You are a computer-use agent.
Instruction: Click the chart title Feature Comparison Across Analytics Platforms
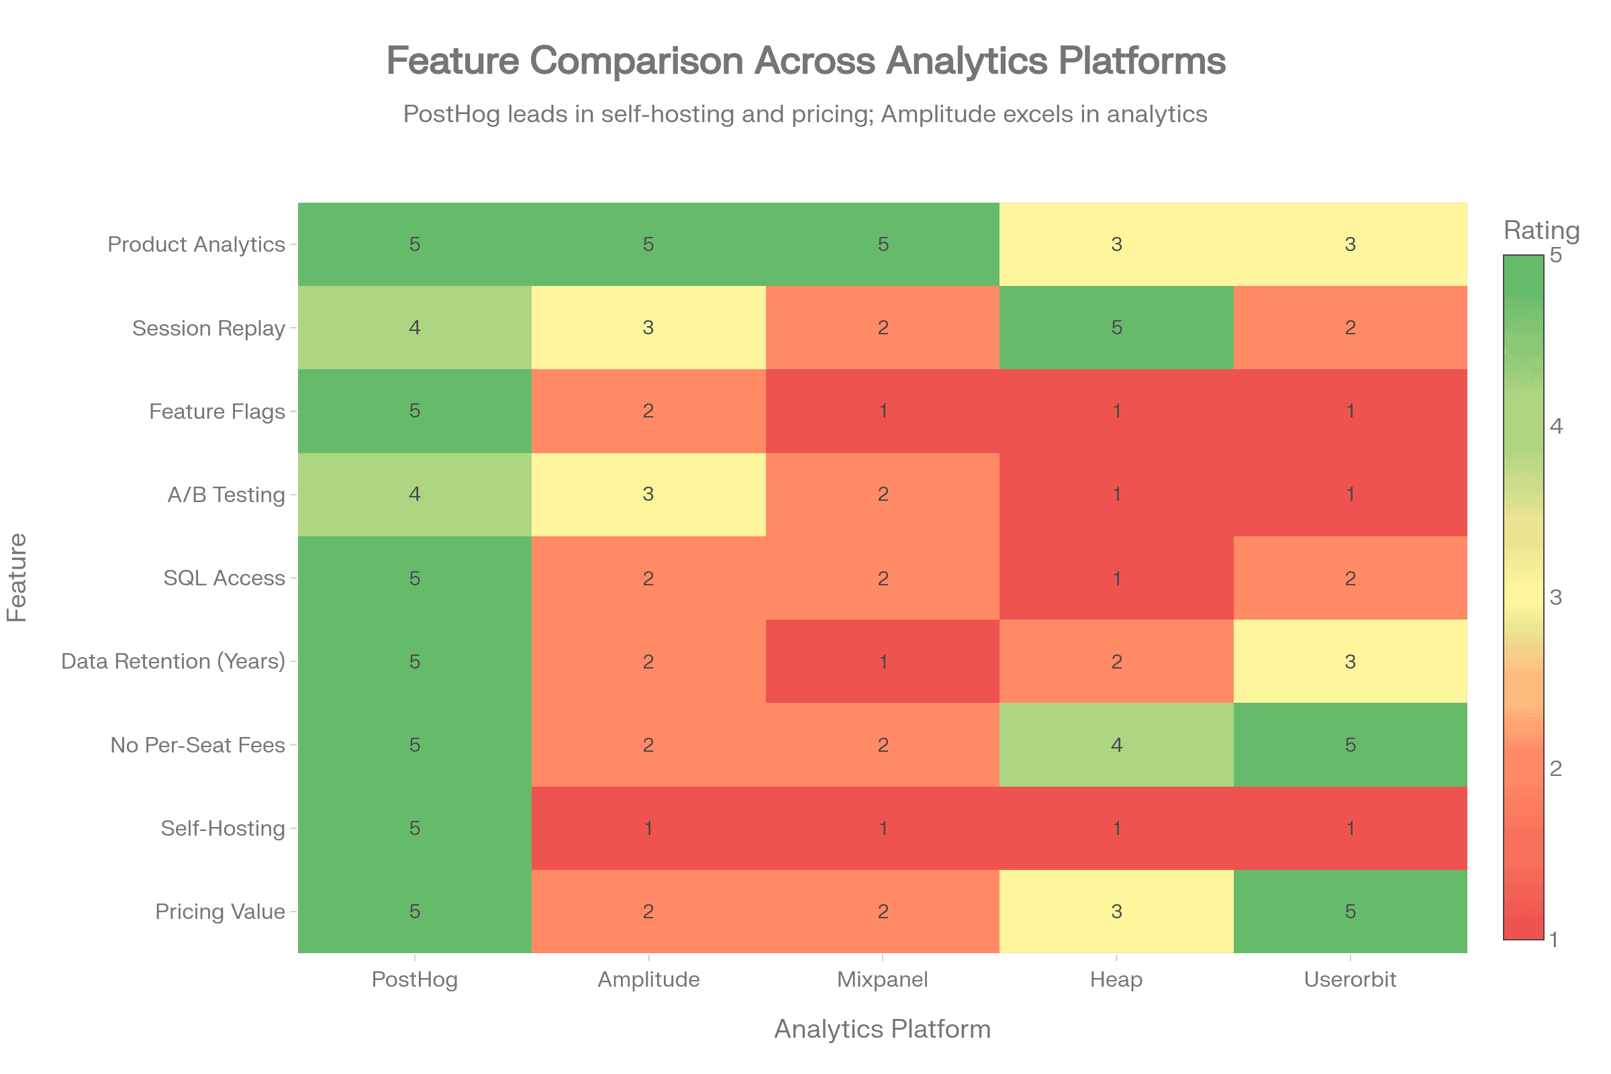click(x=805, y=61)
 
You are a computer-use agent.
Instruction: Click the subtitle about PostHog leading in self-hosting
click(x=805, y=113)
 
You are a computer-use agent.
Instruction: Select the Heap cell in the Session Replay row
click(x=1116, y=328)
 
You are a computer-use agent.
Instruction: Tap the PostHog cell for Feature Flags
click(x=414, y=411)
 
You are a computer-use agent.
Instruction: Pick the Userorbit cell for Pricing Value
click(x=1350, y=911)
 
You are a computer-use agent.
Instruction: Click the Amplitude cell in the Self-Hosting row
click(x=648, y=828)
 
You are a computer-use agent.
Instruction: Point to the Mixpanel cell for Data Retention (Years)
click(x=882, y=661)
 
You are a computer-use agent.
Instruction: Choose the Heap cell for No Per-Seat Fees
click(x=1116, y=744)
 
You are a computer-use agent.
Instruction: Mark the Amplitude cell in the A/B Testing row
click(x=648, y=494)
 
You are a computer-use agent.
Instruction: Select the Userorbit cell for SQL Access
click(x=1350, y=578)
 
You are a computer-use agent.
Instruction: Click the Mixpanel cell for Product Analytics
click(x=882, y=244)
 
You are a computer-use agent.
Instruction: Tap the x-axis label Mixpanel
click(x=882, y=979)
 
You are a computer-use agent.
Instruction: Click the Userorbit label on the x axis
click(x=1350, y=979)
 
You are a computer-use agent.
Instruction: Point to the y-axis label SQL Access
click(x=224, y=578)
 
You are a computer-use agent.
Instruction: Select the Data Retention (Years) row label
click(x=173, y=661)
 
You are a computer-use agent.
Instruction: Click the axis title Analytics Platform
click(x=882, y=1030)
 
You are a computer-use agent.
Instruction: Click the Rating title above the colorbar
click(x=1541, y=230)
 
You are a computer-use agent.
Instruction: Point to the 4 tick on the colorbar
click(x=1556, y=426)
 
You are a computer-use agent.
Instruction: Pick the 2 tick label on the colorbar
click(x=1556, y=768)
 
